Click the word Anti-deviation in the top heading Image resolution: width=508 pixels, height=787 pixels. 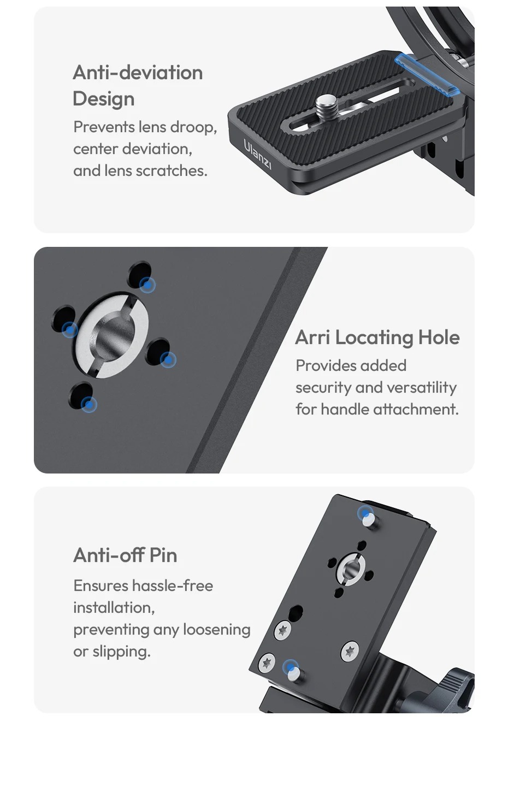tap(138, 73)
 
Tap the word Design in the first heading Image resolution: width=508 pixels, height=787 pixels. tap(104, 99)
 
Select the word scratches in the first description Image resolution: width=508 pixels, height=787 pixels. tap(172, 171)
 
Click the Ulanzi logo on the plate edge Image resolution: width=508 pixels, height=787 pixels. tap(257, 154)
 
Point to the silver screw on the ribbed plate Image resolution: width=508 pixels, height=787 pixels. tap(327, 105)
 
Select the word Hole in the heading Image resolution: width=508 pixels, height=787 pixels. tap(439, 338)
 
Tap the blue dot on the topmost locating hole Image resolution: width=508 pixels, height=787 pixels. tap(147, 285)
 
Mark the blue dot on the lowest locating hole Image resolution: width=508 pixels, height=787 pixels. tap(89, 404)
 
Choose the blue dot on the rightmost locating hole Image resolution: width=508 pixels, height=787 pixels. tap(168, 360)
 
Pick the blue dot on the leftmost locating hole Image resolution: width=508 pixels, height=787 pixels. tap(69, 330)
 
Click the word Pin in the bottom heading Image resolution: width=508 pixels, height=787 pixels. tap(163, 555)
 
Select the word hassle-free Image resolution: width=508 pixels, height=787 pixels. tap(173, 585)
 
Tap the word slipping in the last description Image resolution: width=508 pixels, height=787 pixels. tap(122, 652)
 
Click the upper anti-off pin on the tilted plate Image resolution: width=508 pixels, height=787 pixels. tap(370, 519)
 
